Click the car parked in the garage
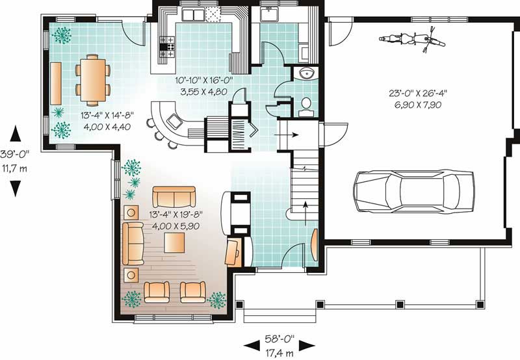point(413,191)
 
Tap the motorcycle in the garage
point(412,40)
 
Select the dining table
point(93,77)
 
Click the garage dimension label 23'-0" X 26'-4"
point(418,93)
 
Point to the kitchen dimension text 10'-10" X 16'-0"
point(204,80)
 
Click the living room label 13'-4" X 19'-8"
point(175,214)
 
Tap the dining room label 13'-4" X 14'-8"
point(107,116)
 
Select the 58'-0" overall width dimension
point(279,339)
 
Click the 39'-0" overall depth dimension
point(14,154)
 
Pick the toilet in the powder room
point(305,107)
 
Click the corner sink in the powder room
point(306,73)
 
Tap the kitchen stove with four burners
point(167,47)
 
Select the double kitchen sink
point(193,15)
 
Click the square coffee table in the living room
point(174,242)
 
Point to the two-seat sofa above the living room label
point(174,197)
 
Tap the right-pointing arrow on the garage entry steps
point(286,135)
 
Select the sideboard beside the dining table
point(56,83)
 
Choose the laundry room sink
point(269,15)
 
